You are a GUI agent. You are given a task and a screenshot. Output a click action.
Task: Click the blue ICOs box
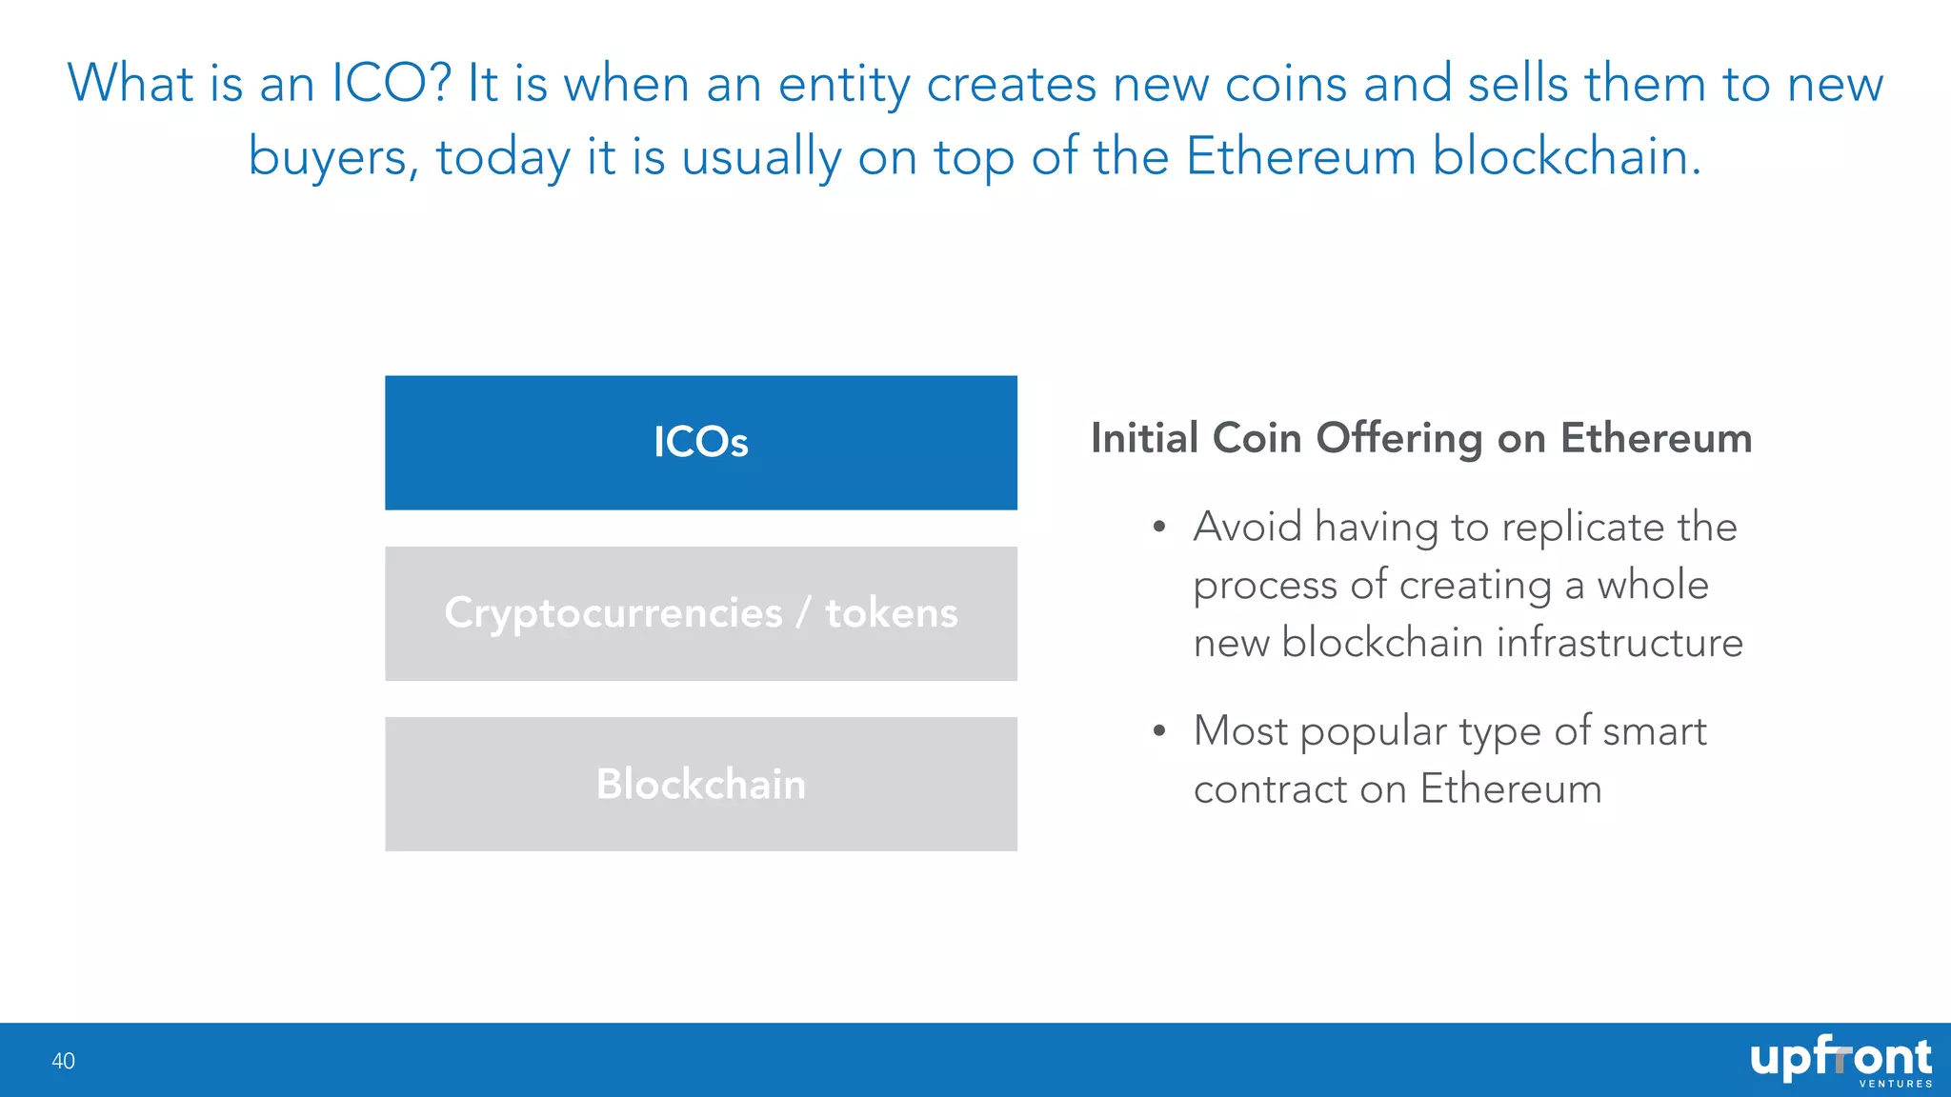[x=701, y=443]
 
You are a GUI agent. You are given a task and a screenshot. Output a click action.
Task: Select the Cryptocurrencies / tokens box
[x=701, y=613]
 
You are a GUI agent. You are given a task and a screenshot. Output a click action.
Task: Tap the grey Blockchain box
[x=701, y=784]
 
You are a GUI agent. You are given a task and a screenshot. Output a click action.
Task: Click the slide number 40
[x=63, y=1061]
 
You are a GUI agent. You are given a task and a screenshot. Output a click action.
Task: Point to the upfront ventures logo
[x=1840, y=1061]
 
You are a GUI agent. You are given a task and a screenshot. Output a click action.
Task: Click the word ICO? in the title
[x=391, y=84]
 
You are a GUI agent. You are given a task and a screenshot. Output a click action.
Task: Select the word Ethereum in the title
[x=1300, y=157]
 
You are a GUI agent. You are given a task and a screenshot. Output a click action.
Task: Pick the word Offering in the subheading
[x=1398, y=439]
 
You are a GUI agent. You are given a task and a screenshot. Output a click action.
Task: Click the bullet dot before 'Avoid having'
[x=1158, y=528]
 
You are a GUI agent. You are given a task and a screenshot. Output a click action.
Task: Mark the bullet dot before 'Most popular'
[x=1158, y=731]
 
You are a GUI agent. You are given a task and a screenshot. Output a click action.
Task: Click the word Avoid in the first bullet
[x=1247, y=528]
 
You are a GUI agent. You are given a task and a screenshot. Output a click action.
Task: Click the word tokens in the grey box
[x=892, y=614]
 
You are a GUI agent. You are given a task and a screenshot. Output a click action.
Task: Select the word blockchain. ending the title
[x=1566, y=157]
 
